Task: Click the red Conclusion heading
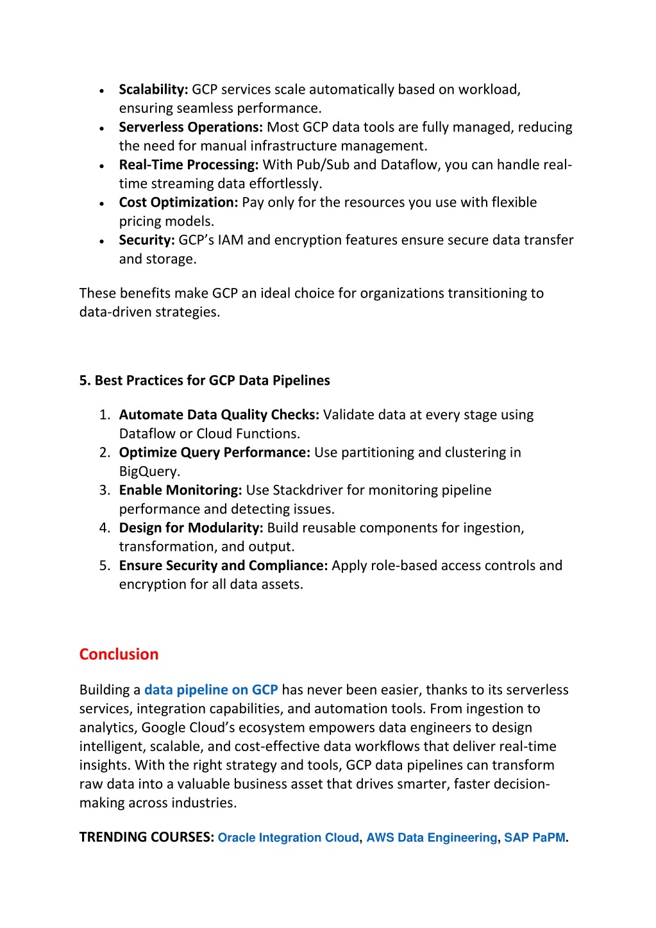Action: (119, 654)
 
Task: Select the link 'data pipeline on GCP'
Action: (211, 690)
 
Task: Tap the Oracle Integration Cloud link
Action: (288, 838)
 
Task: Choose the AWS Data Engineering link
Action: (432, 838)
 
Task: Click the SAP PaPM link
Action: (534, 838)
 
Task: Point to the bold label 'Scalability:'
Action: (153, 90)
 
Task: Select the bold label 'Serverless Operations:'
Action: (190, 128)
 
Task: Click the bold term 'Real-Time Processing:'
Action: (189, 165)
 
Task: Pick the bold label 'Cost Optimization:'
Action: (178, 203)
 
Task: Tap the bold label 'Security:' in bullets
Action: (147, 240)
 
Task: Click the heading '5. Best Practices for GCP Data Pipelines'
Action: (205, 380)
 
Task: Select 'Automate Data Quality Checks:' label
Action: (219, 415)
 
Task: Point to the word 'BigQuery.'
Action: (149, 471)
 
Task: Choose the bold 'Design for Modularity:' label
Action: (191, 528)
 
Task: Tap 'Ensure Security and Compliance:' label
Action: (223, 566)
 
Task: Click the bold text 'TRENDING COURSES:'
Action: (146, 837)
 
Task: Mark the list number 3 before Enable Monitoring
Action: (105, 491)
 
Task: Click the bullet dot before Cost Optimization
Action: (102, 204)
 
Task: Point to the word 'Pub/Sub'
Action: (323, 165)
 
